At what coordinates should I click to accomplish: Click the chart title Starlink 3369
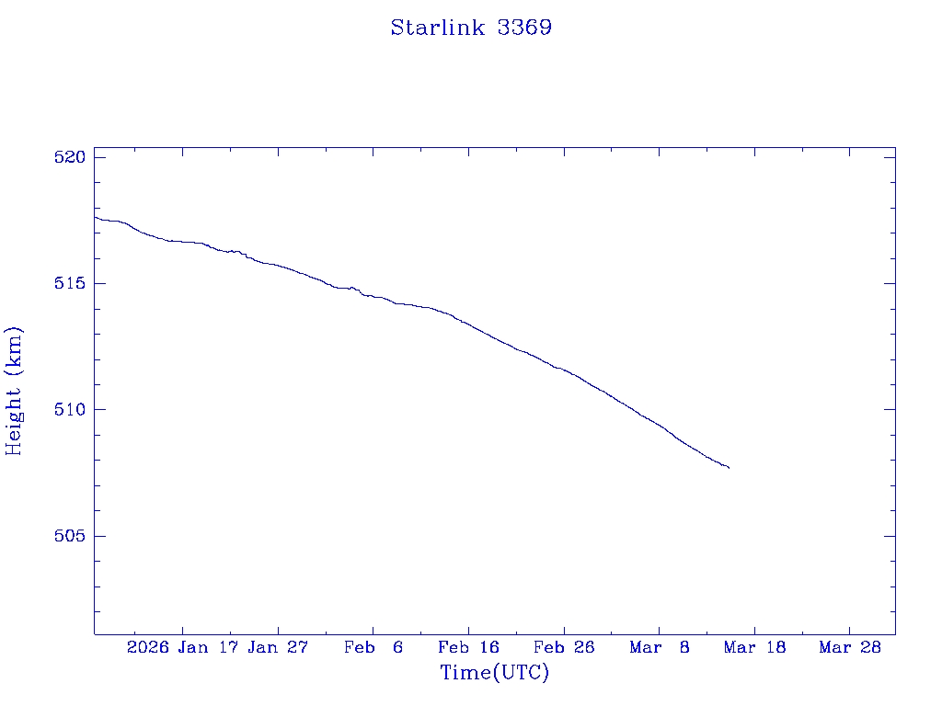(471, 28)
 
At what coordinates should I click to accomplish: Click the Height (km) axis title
(14, 391)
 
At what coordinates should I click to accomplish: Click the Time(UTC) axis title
(495, 673)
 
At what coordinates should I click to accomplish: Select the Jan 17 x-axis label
(209, 647)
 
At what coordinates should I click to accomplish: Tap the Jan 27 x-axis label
(279, 647)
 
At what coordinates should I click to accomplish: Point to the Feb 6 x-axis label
(373, 647)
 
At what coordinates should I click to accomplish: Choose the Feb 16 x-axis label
(469, 647)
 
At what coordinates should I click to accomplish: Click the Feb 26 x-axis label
(564, 647)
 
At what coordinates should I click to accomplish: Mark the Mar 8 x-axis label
(660, 647)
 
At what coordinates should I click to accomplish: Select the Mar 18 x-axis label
(755, 647)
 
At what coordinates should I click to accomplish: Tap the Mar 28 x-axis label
(850, 647)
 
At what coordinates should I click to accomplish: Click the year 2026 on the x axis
(148, 647)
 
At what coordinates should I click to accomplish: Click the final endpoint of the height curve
(729, 468)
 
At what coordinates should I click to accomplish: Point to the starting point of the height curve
(95, 217)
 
